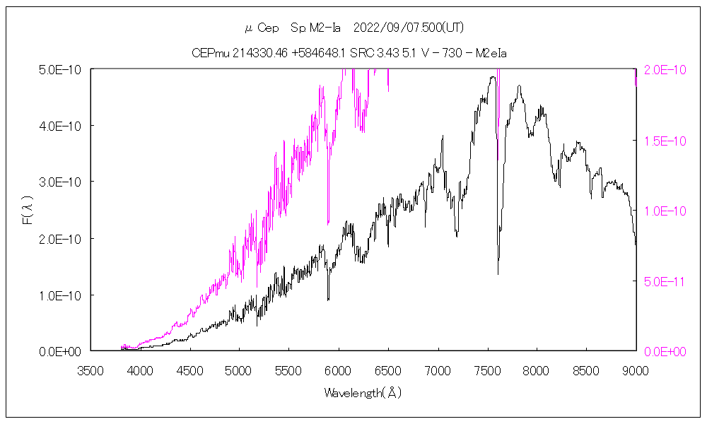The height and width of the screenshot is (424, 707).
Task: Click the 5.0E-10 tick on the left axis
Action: pyautogui.click(x=60, y=69)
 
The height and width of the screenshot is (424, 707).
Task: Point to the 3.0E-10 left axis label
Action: pyautogui.click(x=60, y=182)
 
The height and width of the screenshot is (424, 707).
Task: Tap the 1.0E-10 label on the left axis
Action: pyautogui.click(x=60, y=295)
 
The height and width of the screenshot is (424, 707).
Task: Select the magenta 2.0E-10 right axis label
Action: pyautogui.click(x=665, y=69)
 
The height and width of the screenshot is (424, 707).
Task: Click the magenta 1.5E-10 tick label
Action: pyautogui.click(x=665, y=141)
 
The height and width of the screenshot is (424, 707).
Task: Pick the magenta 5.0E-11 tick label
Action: pyautogui.click(x=665, y=281)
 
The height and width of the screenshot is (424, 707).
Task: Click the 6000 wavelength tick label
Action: pyautogui.click(x=339, y=370)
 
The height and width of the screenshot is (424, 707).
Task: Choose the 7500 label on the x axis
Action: pyautogui.click(x=487, y=370)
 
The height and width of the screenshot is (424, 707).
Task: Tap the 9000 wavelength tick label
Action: pyautogui.click(x=636, y=370)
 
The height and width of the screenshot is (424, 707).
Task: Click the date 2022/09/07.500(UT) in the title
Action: pyautogui.click(x=408, y=28)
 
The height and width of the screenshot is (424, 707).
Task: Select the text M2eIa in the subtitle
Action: pyautogui.click(x=491, y=53)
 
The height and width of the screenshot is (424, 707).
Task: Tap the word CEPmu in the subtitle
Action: pyautogui.click(x=209, y=53)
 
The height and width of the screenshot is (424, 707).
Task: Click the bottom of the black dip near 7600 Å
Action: pyautogui.click(x=498, y=274)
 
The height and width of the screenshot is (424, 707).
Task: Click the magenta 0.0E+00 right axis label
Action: pyautogui.click(x=665, y=351)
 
